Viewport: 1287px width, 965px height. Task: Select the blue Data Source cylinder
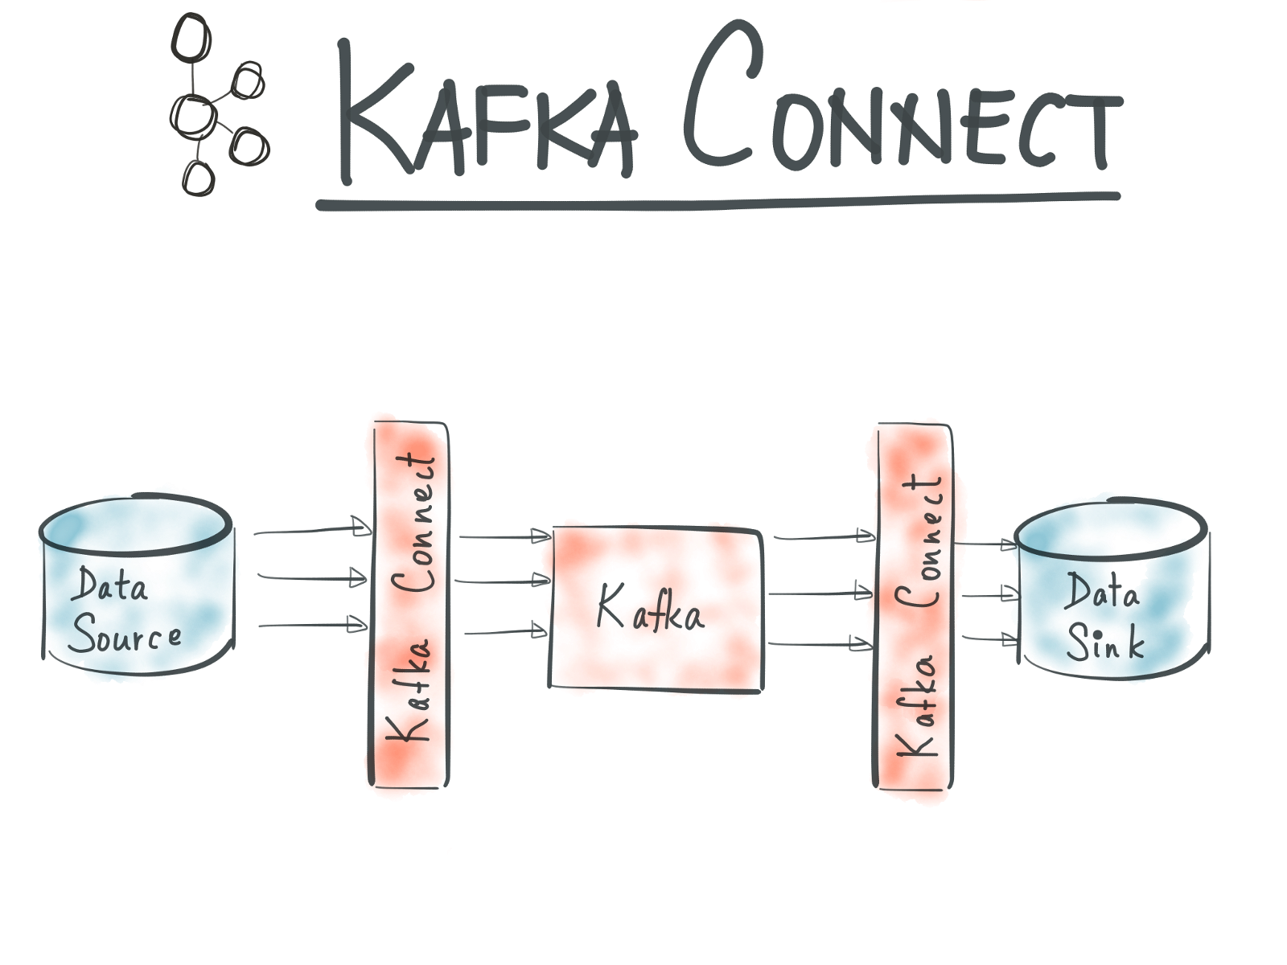(x=137, y=587)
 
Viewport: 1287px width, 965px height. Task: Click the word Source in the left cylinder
(x=125, y=635)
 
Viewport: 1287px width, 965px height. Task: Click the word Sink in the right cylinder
(x=1105, y=642)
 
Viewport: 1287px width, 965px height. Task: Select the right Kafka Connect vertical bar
(x=914, y=607)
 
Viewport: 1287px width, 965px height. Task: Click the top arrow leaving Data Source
(x=310, y=530)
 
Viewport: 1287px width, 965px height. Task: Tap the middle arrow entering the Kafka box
(x=503, y=580)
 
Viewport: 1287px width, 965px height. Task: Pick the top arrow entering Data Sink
(x=985, y=544)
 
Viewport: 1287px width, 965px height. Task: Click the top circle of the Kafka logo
(x=191, y=38)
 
